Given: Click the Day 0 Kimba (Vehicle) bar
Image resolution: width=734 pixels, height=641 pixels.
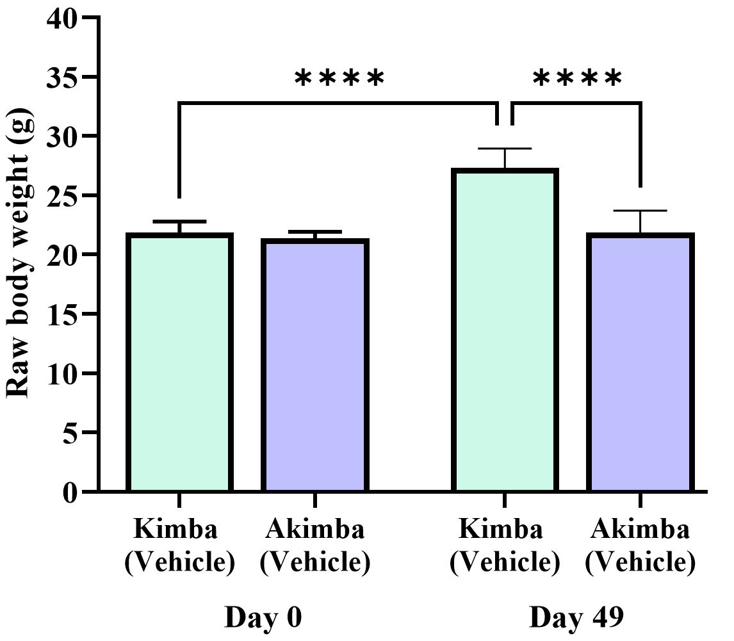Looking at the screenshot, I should pos(179,362).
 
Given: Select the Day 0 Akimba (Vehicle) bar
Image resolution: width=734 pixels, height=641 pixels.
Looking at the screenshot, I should pos(314,365).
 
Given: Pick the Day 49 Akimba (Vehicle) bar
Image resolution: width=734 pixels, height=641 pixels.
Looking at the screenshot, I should pos(640,362).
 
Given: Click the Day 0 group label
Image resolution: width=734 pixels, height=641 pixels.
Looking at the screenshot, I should pos(263,619).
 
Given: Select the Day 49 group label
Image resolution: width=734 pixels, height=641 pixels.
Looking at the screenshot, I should pos(576,619).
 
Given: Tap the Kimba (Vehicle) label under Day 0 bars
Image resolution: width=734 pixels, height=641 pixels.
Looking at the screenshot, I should pos(179,546).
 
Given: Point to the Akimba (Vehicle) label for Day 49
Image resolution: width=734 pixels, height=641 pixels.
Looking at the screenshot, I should pos(640,546).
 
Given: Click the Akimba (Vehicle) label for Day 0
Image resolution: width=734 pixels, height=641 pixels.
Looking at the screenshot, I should pos(314,546).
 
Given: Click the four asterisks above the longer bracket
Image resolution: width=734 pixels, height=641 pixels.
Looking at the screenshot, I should pos(339,79).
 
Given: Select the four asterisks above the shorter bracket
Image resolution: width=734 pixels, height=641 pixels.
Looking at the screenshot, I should pos(577,79).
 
